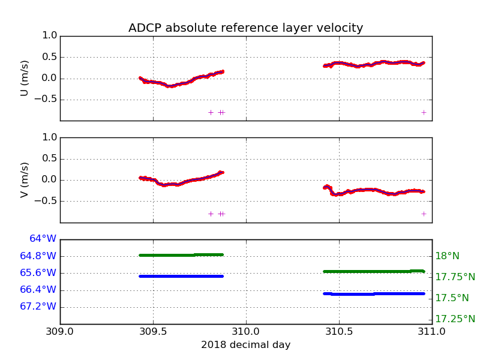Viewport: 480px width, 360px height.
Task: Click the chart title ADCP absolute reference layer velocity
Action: coord(245,28)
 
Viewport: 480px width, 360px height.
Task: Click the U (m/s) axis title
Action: coord(25,78)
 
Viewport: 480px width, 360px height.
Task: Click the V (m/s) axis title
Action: coord(25,179)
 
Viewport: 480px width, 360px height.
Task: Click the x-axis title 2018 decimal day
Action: coord(245,345)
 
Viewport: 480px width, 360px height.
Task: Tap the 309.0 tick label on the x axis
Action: coord(60,331)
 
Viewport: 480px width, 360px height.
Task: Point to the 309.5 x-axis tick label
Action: coord(153,331)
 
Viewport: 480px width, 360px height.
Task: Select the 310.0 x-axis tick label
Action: coord(246,331)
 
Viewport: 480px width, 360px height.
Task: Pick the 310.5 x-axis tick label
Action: coord(339,331)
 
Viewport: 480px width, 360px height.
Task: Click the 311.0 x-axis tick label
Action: coord(432,331)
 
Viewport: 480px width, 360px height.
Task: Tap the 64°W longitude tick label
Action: coord(43,239)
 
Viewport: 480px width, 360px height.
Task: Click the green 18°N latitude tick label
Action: coord(447,256)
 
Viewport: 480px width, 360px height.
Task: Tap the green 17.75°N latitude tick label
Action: coord(455,277)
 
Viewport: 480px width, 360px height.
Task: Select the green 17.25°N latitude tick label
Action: coord(455,319)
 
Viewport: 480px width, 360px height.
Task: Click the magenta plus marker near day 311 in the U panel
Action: coord(424,112)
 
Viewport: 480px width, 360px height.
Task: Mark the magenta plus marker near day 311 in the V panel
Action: coord(424,214)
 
